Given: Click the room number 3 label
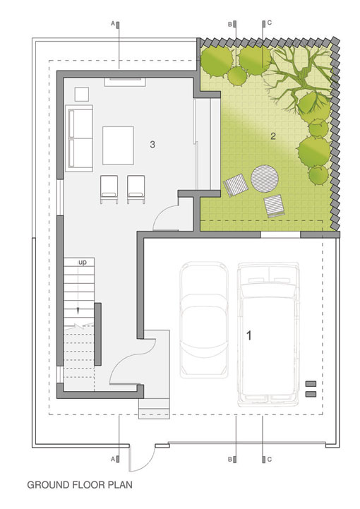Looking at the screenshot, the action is click(152, 144).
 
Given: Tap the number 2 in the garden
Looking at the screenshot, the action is click(273, 136).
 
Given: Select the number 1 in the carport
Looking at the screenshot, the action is click(249, 335).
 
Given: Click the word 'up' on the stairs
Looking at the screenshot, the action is click(83, 263).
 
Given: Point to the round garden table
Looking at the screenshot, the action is click(265, 179).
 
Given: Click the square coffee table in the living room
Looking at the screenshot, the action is click(118, 145).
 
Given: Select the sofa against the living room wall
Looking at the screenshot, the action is click(79, 138).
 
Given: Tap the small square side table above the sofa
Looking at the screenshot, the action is click(82, 94).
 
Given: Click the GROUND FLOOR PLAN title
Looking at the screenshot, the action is click(80, 485).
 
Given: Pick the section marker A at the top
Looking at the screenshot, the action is click(116, 24).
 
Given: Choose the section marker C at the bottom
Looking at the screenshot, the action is click(267, 460).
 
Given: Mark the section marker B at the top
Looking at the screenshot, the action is click(232, 24).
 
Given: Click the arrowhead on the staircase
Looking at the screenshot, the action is click(78, 311).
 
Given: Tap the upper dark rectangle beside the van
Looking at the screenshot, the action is click(311, 384).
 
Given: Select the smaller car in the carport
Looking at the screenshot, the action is click(204, 320).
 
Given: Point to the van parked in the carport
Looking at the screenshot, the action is click(268, 335).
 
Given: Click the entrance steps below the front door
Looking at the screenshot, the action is click(154, 408).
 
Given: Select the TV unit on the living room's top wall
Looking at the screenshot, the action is click(125, 82).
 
